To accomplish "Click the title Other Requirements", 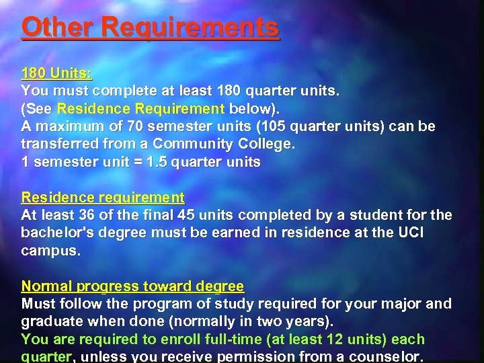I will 150,28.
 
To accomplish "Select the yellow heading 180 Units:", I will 56,73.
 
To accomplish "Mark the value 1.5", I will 159,162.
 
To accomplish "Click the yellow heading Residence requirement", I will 103,198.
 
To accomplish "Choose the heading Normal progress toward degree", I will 132,286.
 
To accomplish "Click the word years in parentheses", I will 297,321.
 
